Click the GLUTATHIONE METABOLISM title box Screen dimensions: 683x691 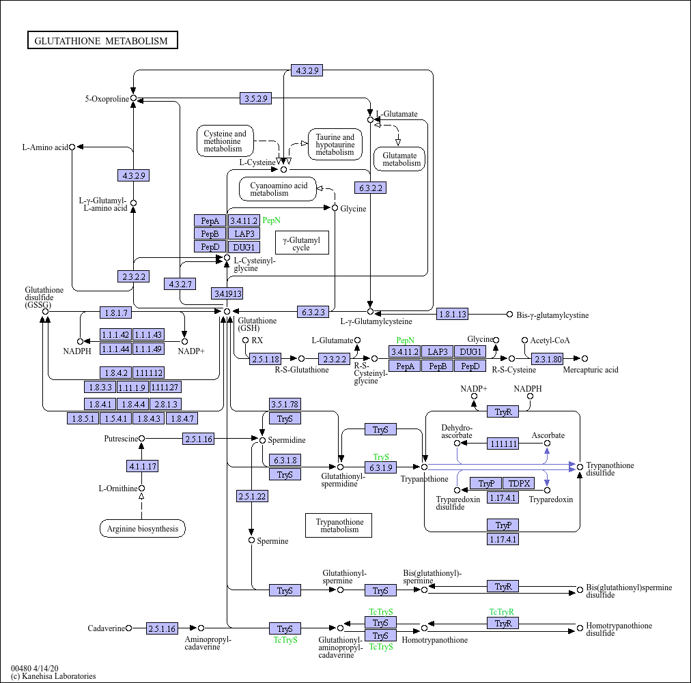pyautogui.click(x=102, y=41)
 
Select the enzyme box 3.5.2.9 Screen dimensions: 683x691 pyautogui.click(x=255, y=98)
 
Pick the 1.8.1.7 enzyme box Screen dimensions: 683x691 pyautogui.click(x=115, y=313)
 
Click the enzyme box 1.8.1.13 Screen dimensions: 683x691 pyautogui.click(x=452, y=314)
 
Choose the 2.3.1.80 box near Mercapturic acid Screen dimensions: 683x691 pyautogui.click(x=548, y=358)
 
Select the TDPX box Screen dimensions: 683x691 pyautogui.click(x=520, y=483)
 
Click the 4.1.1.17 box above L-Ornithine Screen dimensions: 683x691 pyautogui.click(x=142, y=467)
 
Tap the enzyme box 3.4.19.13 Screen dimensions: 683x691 pyautogui.click(x=227, y=293)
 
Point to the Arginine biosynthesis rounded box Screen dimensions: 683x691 pyautogui.click(x=143, y=528)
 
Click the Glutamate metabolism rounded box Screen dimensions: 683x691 pyautogui.click(x=399, y=159)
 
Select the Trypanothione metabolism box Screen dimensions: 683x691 pyautogui.click(x=339, y=525)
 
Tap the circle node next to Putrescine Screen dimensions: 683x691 pyautogui.click(x=142, y=439)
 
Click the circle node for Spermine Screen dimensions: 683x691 pyautogui.click(x=252, y=540)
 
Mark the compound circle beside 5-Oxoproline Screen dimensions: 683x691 pyautogui.click(x=134, y=98)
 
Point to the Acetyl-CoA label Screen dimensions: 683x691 pyautogui.click(x=550, y=340)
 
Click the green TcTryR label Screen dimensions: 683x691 pyautogui.click(x=501, y=612)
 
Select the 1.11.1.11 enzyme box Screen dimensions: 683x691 pyautogui.click(x=503, y=444)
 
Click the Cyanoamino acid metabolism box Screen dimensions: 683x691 pyautogui.click(x=278, y=189)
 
